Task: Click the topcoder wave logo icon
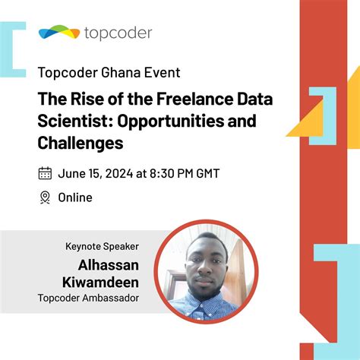[58, 33]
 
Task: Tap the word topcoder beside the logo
[118, 33]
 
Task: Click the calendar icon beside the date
[45, 173]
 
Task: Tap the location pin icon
[45, 197]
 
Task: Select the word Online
[75, 197]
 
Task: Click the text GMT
[206, 173]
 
